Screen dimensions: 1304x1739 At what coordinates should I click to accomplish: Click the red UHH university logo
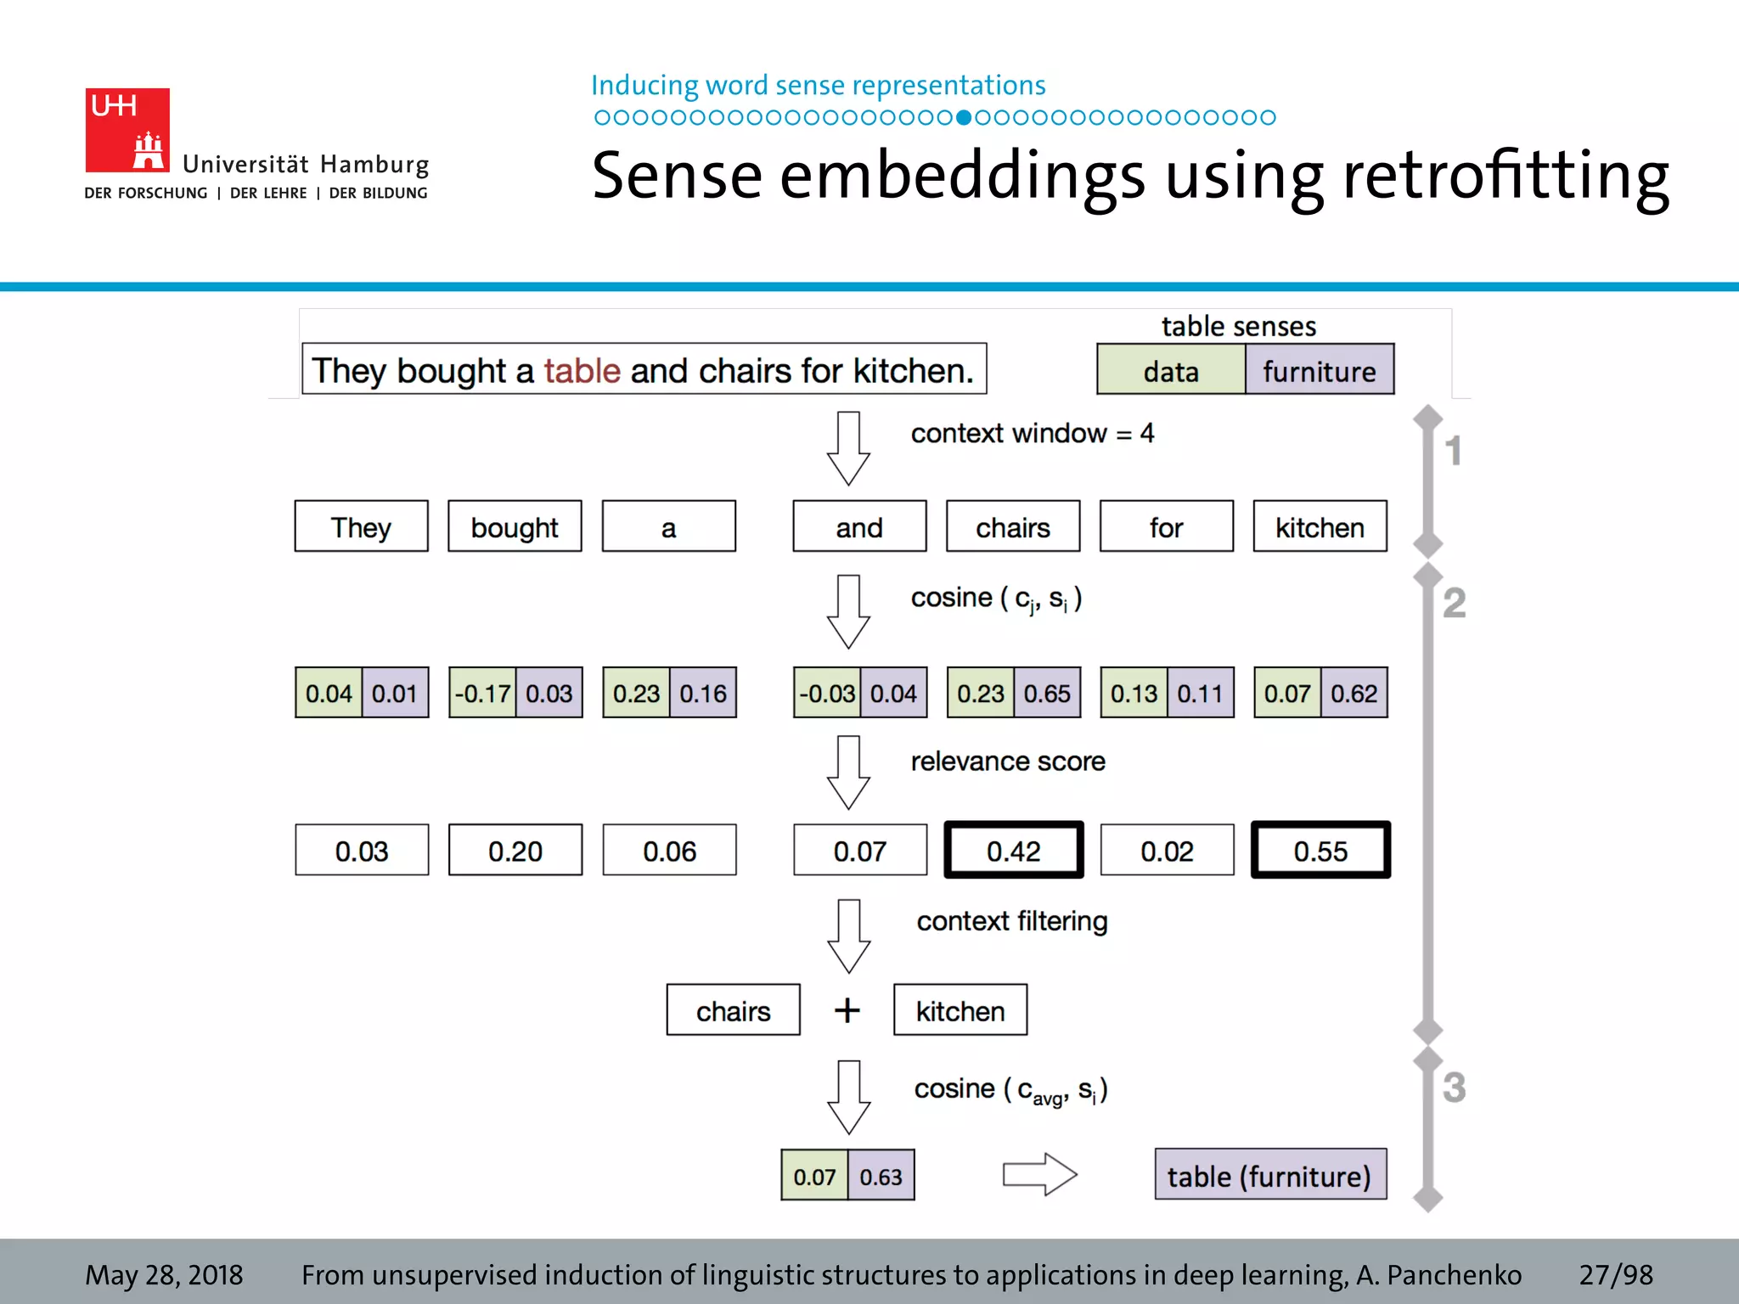127,130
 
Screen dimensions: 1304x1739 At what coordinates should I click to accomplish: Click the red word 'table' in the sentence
582,371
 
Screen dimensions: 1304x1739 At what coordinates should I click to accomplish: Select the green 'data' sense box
1170,370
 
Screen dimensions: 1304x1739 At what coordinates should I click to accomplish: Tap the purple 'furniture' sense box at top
1319,370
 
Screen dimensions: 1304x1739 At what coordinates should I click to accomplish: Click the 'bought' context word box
515,527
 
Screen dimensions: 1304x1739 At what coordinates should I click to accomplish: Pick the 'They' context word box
361,527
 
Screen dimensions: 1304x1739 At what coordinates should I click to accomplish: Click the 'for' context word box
1166,527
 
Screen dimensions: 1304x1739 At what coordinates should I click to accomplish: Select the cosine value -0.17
481,694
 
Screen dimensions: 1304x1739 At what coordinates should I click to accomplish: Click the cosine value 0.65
1047,694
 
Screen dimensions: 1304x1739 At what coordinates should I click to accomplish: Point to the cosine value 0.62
1353,694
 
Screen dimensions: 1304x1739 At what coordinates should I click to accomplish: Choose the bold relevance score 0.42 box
1013,851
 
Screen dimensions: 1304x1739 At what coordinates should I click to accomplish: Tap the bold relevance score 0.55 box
1320,851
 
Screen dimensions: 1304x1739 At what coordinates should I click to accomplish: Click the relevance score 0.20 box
515,851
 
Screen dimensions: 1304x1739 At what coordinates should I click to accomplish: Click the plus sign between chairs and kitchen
847,1010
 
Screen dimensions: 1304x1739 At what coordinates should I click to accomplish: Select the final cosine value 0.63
881,1177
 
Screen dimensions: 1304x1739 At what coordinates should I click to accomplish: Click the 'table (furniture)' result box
1269,1176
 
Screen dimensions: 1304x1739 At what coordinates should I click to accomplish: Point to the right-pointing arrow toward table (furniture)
1039,1175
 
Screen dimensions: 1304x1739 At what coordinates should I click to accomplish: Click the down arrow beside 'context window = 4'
848,448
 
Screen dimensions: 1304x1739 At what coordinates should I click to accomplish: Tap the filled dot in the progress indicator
963,117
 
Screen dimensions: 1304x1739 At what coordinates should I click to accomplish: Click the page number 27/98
1615,1274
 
